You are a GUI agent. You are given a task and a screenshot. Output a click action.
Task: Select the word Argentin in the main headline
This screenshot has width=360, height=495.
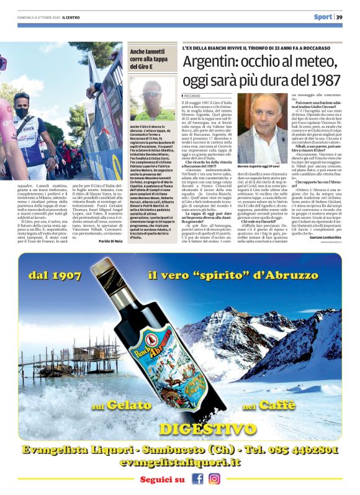[x=210, y=63]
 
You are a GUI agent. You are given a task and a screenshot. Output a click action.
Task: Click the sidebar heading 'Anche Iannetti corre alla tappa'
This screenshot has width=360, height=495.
[x=148, y=59]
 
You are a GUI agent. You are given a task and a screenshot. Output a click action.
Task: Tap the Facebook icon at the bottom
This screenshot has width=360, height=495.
[x=197, y=479]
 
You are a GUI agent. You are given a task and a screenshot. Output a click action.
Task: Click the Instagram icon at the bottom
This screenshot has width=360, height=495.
[x=214, y=479]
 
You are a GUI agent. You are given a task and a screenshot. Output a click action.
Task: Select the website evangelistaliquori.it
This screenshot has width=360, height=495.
[x=180, y=463]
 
